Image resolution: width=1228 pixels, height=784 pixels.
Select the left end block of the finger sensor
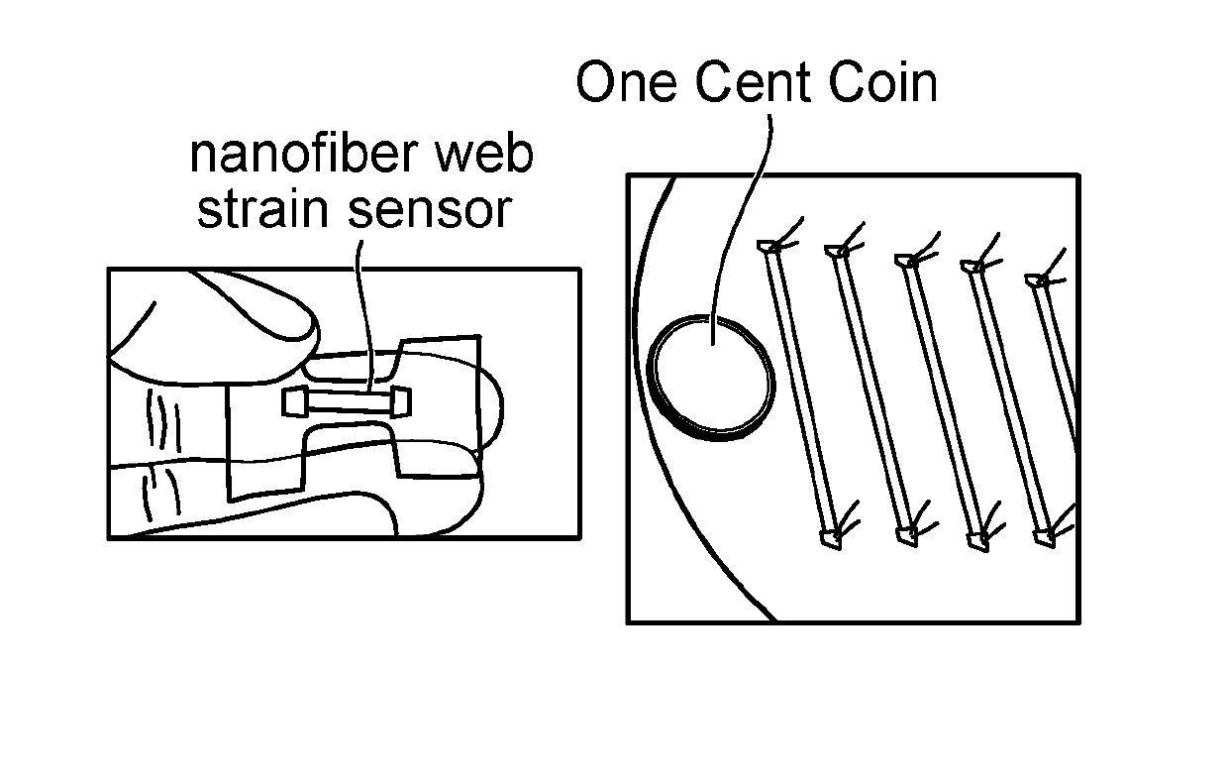pyautogui.click(x=295, y=401)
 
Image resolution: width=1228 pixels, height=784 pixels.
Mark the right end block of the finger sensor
pyautogui.click(x=401, y=401)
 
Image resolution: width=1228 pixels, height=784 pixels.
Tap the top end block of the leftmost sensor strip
pyautogui.click(x=768, y=245)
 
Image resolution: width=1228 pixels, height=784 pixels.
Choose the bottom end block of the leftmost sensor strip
pyautogui.click(x=831, y=540)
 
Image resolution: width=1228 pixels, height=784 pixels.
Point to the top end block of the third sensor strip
pyautogui.click(x=905, y=260)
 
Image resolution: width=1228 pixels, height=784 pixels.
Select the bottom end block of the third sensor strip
pyautogui.click(x=906, y=536)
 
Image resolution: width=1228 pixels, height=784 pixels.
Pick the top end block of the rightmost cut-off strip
pyautogui.click(x=1039, y=280)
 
